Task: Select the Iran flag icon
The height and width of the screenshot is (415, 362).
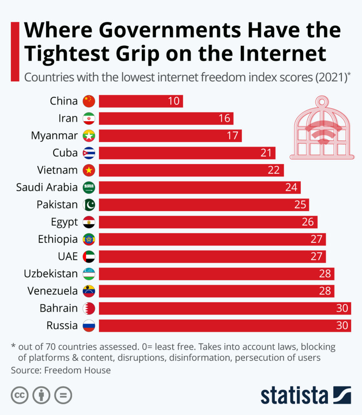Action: click(x=89, y=118)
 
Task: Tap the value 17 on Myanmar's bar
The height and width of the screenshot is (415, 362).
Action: click(x=232, y=135)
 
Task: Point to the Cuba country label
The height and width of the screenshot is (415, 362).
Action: click(x=65, y=153)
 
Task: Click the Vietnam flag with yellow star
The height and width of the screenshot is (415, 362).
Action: click(x=89, y=170)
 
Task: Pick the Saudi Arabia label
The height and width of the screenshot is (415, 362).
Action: click(x=47, y=187)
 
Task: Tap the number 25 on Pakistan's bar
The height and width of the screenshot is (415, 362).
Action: click(x=300, y=205)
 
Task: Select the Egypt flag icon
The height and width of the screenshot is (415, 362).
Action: click(x=89, y=222)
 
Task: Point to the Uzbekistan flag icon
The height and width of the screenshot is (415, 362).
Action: click(x=89, y=274)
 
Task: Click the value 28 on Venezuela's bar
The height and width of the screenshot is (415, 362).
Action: click(x=325, y=291)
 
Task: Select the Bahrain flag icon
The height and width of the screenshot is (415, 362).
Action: click(x=89, y=308)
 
